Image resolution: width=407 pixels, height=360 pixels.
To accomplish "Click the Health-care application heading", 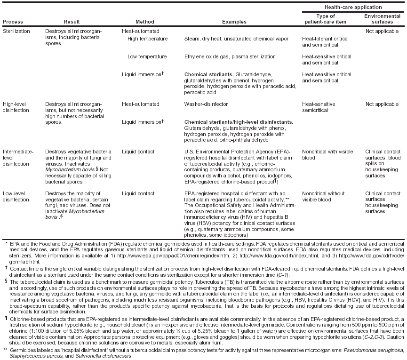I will point(353,7).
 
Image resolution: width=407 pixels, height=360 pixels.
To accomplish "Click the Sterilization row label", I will point(16,31).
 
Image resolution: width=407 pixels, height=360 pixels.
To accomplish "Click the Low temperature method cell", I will point(147,56).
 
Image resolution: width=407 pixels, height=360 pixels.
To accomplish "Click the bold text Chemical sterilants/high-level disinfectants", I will point(239,121).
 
